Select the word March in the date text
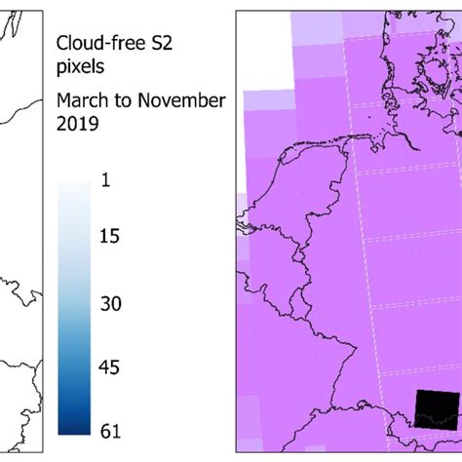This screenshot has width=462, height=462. pos(84,101)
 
